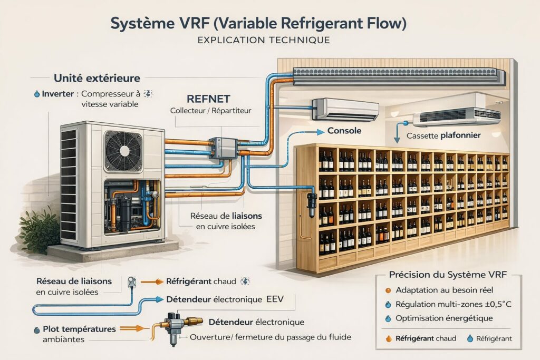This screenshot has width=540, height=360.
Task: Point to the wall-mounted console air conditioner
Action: click(x=345, y=109)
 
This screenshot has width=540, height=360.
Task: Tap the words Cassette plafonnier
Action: click(x=443, y=136)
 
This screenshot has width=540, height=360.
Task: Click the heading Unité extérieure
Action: click(x=97, y=78)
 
